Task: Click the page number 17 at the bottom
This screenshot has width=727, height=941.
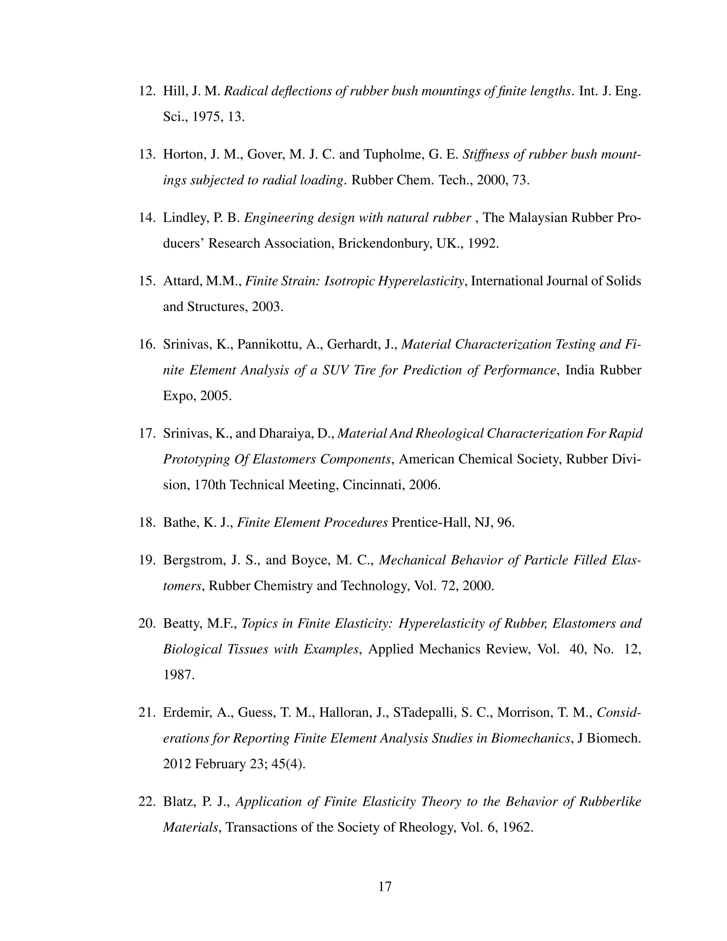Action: [x=384, y=886]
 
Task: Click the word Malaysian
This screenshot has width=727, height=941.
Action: [x=537, y=218]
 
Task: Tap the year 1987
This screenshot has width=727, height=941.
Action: [x=177, y=675]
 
